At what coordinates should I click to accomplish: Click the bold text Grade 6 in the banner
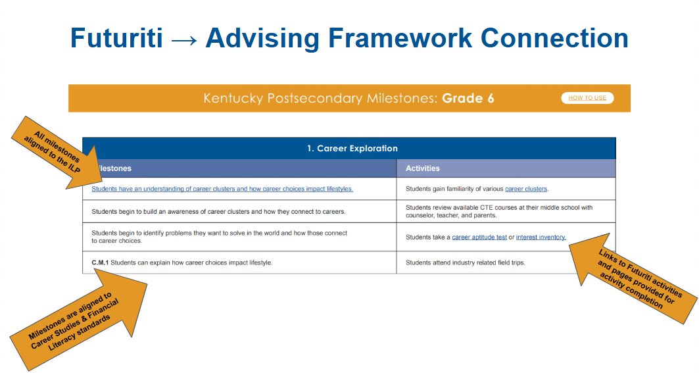(x=468, y=99)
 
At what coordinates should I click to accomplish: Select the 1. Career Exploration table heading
(x=352, y=149)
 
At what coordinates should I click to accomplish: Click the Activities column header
(x=422, y=168)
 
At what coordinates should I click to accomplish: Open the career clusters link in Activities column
(x=525, y=189)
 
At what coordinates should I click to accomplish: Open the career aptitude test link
(x=479, y=237)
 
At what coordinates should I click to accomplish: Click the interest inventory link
(x=541, y=237)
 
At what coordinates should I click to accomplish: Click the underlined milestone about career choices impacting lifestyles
(x=222, y=189)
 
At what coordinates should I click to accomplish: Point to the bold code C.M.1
(x=100, y=262)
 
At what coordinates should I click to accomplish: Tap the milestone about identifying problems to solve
(x=219, y=237)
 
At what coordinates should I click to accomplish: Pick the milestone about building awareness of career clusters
(x=218, y=212)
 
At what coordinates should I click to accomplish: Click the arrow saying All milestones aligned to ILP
(x=53, y=151)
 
